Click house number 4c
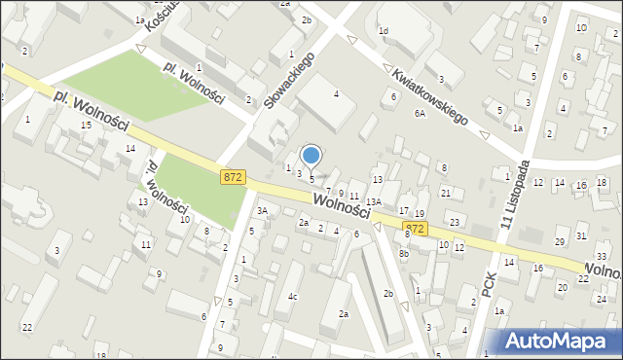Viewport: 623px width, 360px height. (292, 296)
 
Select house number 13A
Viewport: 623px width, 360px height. (373, 201)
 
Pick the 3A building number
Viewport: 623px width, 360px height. (261, 210)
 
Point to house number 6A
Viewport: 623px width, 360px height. (420, 113)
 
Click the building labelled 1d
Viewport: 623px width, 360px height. (383, 31)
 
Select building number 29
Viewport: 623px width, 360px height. (560, 241)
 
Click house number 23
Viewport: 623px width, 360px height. (455, 223)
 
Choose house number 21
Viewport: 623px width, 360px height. (446, 193)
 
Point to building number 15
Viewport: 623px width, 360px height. (87, 126)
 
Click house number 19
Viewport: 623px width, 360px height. (420, 213)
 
